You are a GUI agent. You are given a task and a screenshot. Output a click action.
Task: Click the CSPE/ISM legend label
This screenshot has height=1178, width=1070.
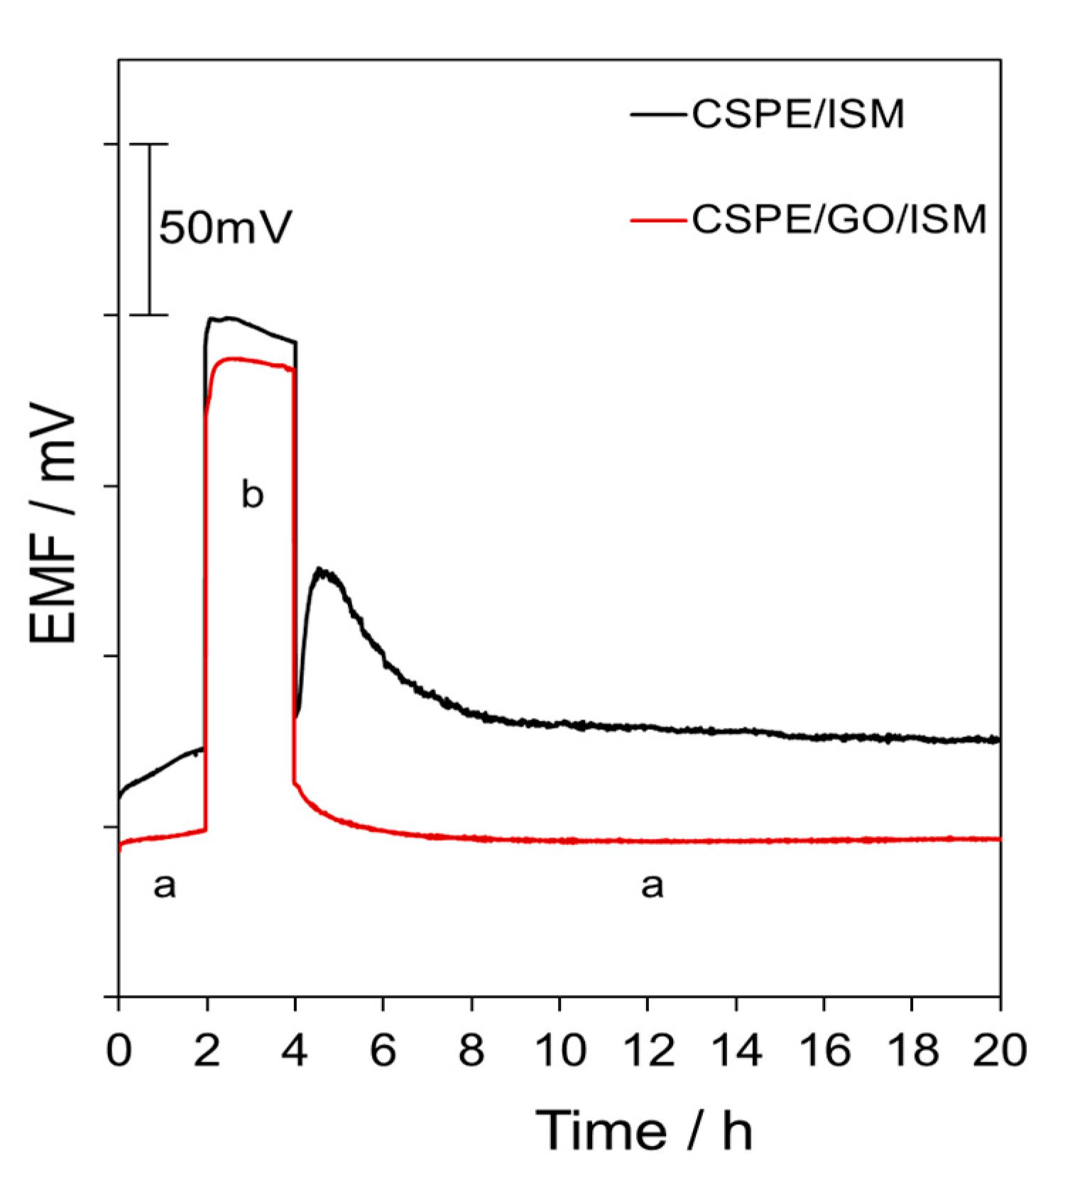click(x=798, y=114)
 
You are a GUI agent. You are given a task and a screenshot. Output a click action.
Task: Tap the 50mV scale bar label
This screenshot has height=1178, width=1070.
click(x=225, y=227)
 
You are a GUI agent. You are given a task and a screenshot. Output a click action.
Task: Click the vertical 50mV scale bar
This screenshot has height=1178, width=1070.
click(x=149, y=229)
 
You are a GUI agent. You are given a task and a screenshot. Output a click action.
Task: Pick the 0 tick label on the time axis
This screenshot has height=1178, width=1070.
click(x=119, y=1050)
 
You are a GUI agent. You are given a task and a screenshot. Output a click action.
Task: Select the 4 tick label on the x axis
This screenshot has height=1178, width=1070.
click(x=295, y=1050)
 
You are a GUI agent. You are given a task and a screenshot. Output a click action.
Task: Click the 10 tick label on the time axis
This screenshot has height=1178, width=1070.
click(x=560, y=1050)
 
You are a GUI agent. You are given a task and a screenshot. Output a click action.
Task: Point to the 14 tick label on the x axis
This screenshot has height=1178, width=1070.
click(x=736, y=1050)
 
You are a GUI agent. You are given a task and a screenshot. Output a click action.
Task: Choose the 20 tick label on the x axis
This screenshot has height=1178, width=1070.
click(x=1000, y=1050)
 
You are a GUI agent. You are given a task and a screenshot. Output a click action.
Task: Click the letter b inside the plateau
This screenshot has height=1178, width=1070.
click(x=252, y=493)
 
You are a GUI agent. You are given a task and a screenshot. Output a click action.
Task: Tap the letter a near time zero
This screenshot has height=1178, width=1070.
click(x=164, y=885)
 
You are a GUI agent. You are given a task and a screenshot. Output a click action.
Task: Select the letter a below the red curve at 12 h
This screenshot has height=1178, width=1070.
click(x=652, y=885)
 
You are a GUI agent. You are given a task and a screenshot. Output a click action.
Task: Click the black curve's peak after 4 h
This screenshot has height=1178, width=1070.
click(x=322, y=569)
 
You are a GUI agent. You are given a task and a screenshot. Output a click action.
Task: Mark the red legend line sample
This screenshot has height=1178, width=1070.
click(x=657, y=219)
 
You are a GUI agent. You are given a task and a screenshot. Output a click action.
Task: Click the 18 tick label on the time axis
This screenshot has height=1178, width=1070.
click(x=912, y=1050)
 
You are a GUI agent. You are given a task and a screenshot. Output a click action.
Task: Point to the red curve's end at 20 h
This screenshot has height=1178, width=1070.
click(x=998, y=839)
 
